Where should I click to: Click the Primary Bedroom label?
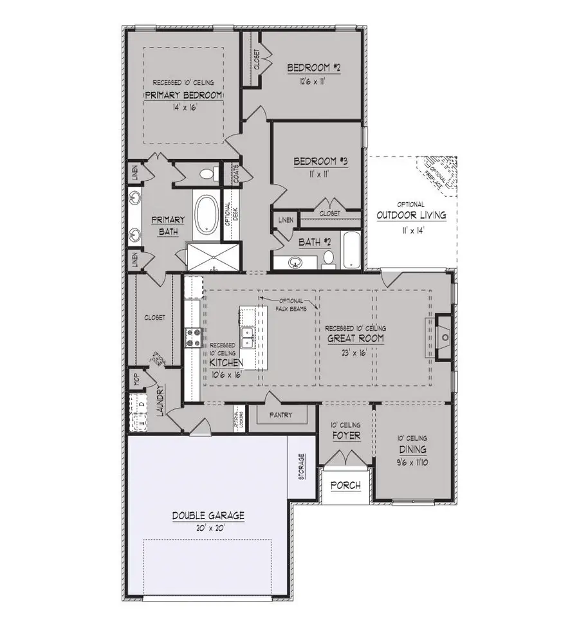(x=183, y=95)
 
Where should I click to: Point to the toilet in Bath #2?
(x=329, y=259)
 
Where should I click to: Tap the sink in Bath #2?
(x=297, y=262)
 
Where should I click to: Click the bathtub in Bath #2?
(x=351, y=251)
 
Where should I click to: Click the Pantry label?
(x=282, y=416)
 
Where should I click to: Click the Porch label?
(x=345, y=485)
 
